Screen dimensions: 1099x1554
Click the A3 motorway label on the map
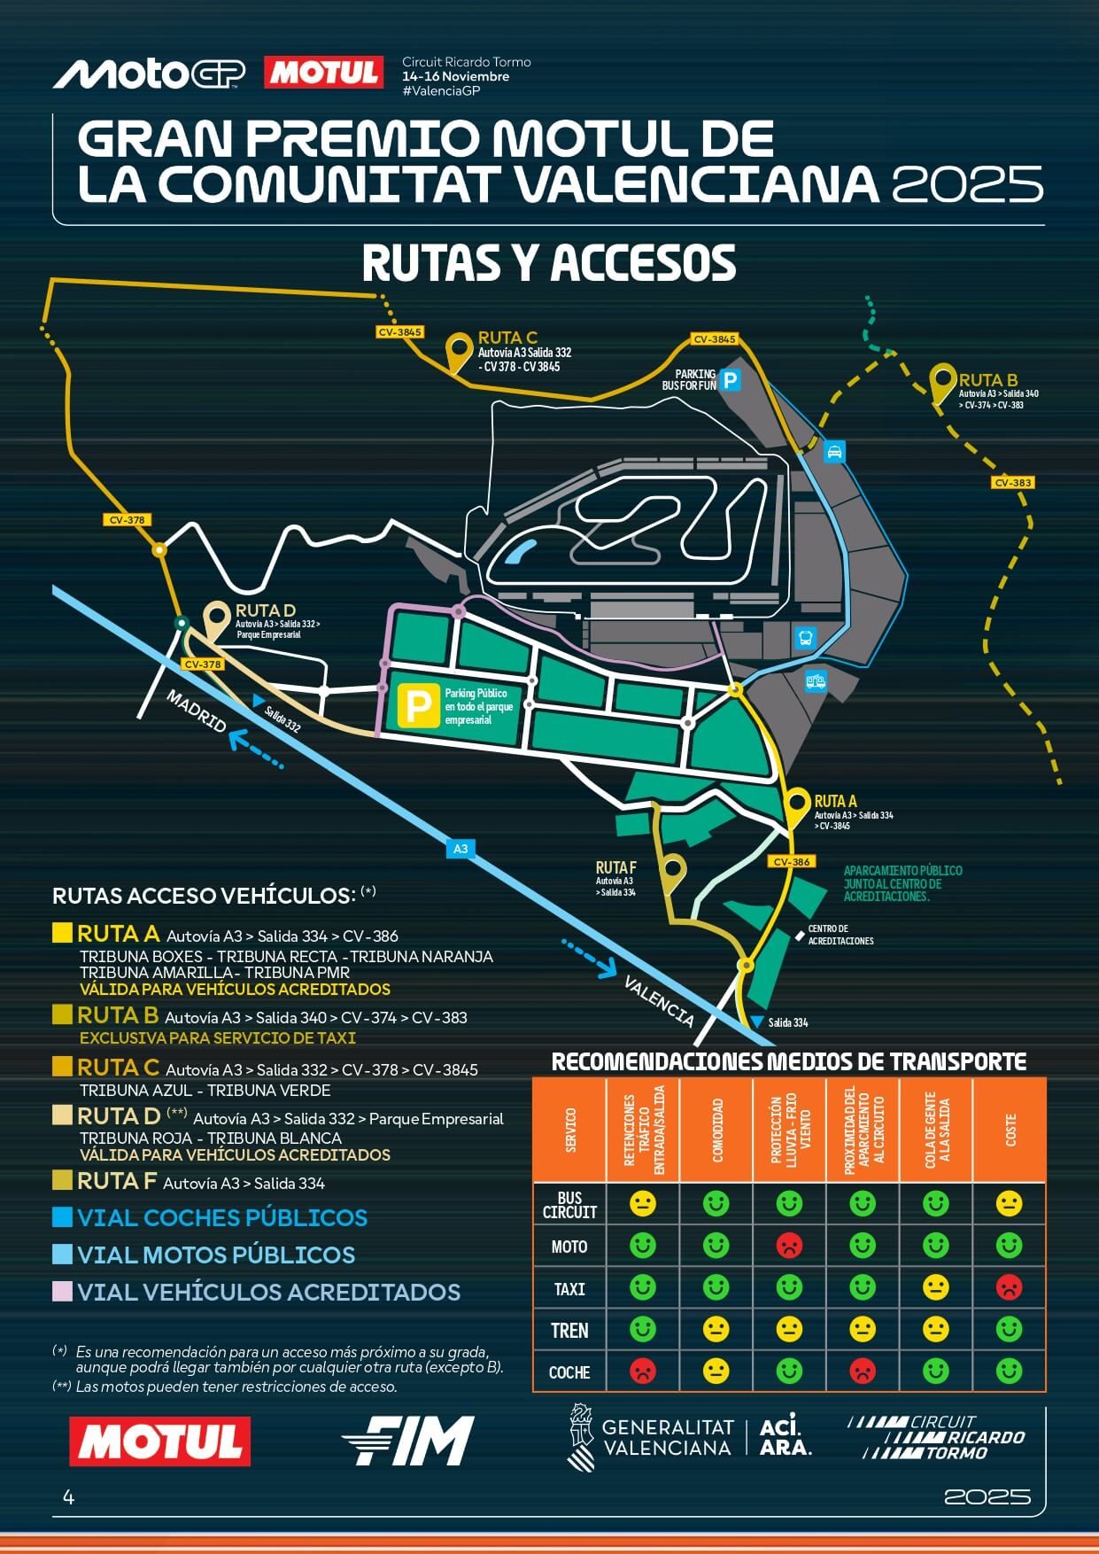460,849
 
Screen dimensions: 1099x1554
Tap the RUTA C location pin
459,351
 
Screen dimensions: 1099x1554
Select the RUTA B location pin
942,382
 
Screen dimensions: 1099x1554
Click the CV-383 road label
1013,483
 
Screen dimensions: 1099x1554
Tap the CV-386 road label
791,862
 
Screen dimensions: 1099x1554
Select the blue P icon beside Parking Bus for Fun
730,381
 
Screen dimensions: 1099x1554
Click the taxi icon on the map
833,453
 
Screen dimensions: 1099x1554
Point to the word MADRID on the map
197,711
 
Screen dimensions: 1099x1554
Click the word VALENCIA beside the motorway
659,1000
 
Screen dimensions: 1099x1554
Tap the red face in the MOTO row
789,1246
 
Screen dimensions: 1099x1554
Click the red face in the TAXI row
1009,1287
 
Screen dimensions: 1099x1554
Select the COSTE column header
1010,1130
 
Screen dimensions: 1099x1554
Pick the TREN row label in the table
569,1330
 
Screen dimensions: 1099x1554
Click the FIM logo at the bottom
408,1440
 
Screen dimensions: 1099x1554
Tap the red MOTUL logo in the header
324,73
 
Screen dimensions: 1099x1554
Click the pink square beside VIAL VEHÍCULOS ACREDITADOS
62,1292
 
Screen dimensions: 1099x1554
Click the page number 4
69,1497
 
